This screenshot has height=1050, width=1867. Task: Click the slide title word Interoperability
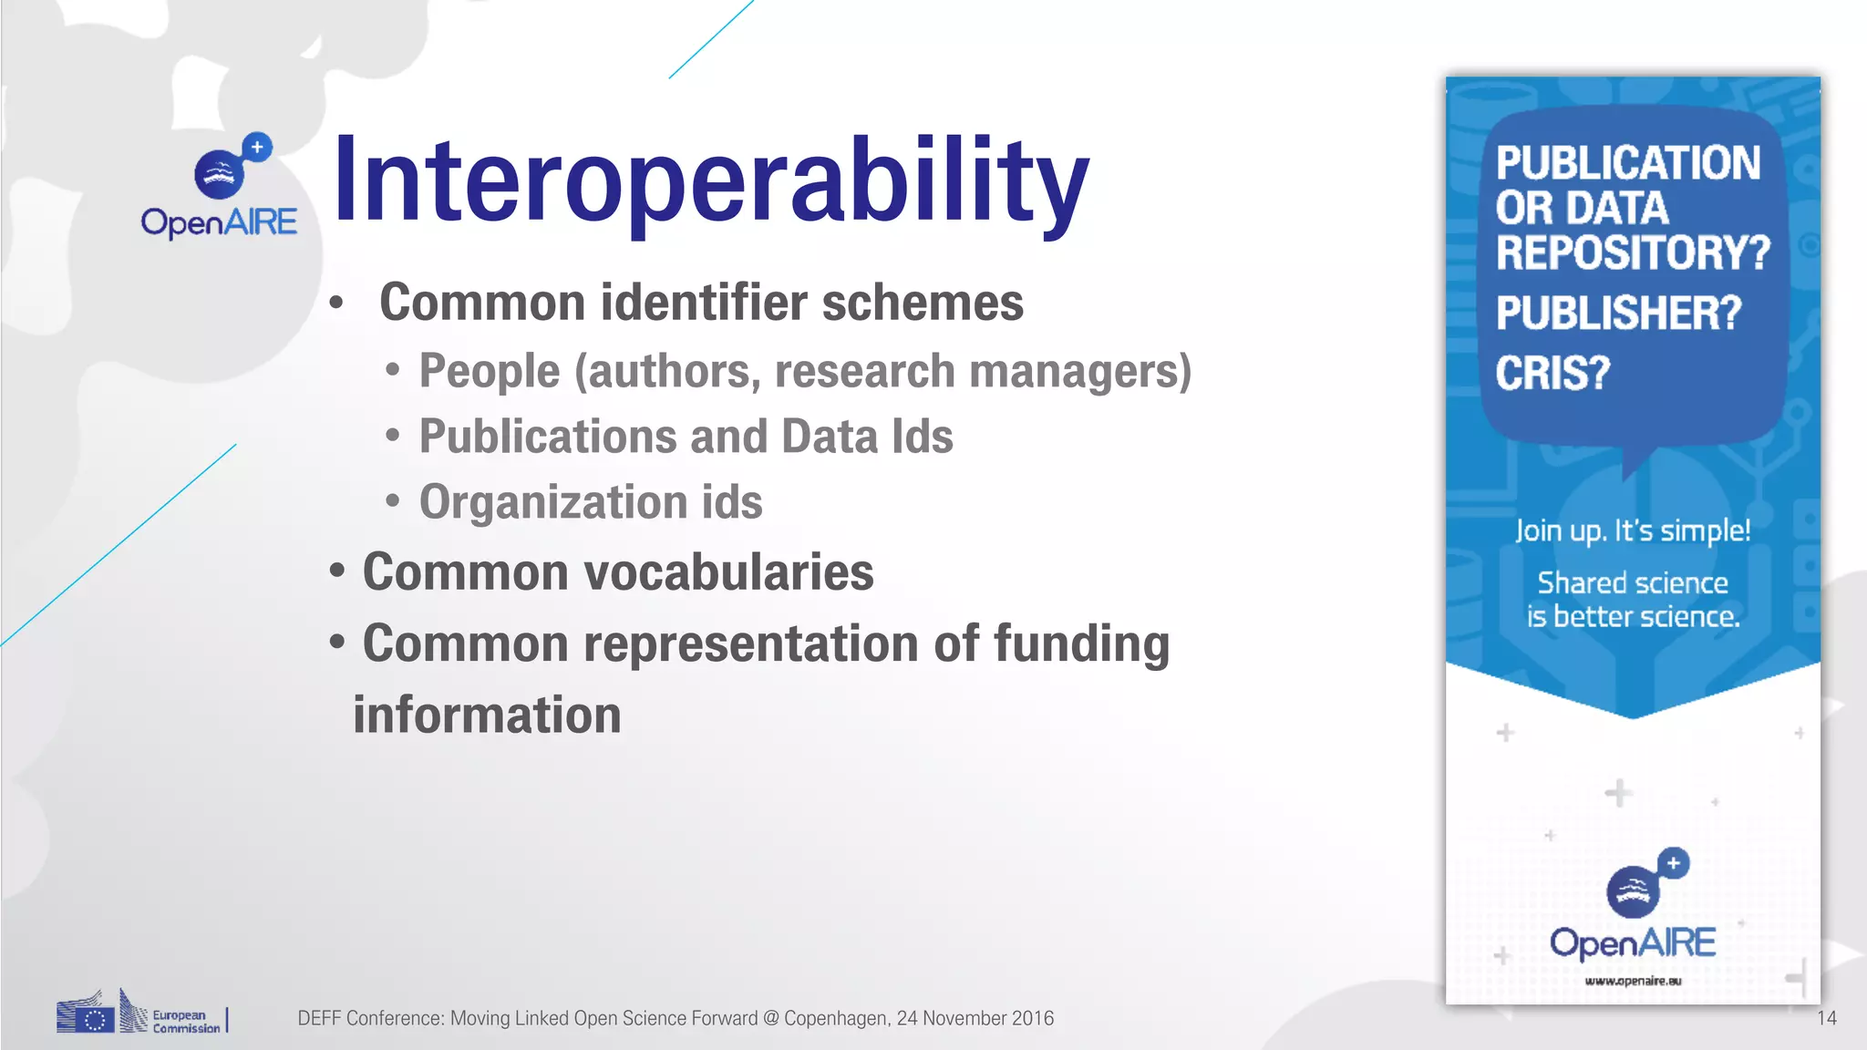pyautogui.click(x=710, y=180)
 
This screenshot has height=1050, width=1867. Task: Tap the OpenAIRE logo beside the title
pyautogui.click(x=220, y=187)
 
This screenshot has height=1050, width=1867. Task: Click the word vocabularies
pyautogui.click(x=728, y=572)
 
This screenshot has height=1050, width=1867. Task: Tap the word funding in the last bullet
pyautogui.click(x=1081, y=643)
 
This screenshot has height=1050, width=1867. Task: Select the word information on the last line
pyautogui.click(x=487, y=715)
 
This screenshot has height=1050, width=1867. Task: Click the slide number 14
pyautogui.click(x=1826, y=1018)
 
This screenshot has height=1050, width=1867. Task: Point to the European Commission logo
pyautogui.click(x=140, y=1014)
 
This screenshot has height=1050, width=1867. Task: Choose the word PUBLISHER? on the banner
pyautogui.click(x=1618, y=314)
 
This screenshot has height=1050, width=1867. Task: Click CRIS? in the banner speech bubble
pyautogui.click(x=1552, y=374)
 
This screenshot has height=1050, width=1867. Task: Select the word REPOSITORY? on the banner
pyautogui.click(x=1633, y=252)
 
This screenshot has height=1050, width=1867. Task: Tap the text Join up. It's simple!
pyautogui.click(x=1633, y=530)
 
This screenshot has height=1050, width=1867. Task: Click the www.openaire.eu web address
pyautogui.click(x=1633, y=981)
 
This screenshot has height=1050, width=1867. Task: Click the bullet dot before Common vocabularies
pyautogui.click(x=337, y=571)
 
